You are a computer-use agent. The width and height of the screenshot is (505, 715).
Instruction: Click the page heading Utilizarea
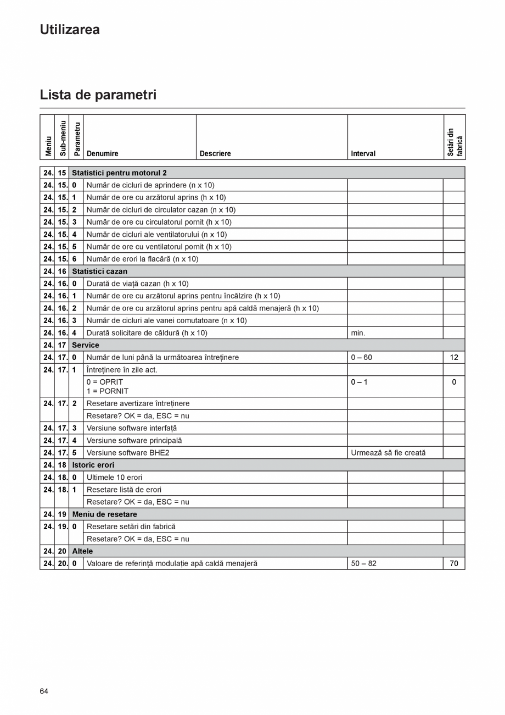click(70, 30)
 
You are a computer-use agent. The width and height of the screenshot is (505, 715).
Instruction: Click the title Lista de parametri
click(98, 95)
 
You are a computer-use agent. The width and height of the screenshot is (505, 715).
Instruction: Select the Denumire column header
click(102, 154)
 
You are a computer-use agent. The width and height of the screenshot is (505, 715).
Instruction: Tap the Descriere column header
click(215, 154)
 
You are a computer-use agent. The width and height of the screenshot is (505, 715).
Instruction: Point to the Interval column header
click(363, 154)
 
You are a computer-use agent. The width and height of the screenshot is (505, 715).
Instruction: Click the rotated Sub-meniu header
click(62, 138)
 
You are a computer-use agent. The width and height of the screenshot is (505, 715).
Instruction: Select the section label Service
click(86, 345)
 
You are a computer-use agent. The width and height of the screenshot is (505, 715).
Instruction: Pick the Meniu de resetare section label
click(104, 514)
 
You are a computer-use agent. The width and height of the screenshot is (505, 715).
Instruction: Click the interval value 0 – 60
click(361, 357)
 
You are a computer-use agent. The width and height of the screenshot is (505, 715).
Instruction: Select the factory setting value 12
click(454, 357)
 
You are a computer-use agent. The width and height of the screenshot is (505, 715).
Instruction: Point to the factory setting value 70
click(454, 563)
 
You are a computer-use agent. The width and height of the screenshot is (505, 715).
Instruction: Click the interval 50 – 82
click(363, 563)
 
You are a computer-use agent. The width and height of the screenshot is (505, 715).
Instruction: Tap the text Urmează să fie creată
click(388, 453)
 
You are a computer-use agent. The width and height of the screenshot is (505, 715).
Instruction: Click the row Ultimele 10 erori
click(114, 478)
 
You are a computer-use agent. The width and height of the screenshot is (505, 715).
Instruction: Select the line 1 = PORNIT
click(108, 391)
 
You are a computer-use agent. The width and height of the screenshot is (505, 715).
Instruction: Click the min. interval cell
click(358, 332)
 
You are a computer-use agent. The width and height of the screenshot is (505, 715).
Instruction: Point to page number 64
click(44, 691)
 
